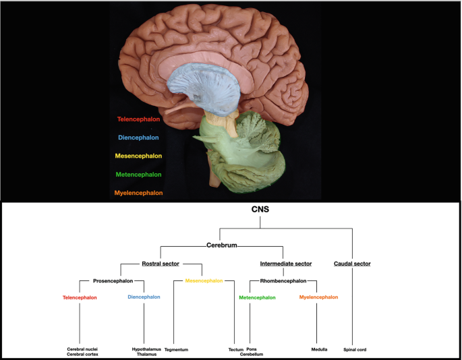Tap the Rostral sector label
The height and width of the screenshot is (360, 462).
[160, 263]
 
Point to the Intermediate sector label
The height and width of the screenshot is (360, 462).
[285, 263]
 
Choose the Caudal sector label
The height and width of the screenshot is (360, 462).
[352, 263]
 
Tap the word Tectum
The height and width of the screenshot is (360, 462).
[235, 349]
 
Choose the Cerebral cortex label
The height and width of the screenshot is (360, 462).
[82, 354]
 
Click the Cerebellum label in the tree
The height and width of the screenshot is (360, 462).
[252, 354]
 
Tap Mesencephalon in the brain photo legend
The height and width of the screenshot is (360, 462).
[138, 156]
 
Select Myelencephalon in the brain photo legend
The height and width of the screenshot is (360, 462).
[140, 193]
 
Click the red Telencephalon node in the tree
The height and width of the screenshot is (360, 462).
[80, 297]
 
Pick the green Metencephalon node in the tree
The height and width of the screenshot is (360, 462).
[257, 297]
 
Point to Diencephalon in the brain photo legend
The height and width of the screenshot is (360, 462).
[138, 138]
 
